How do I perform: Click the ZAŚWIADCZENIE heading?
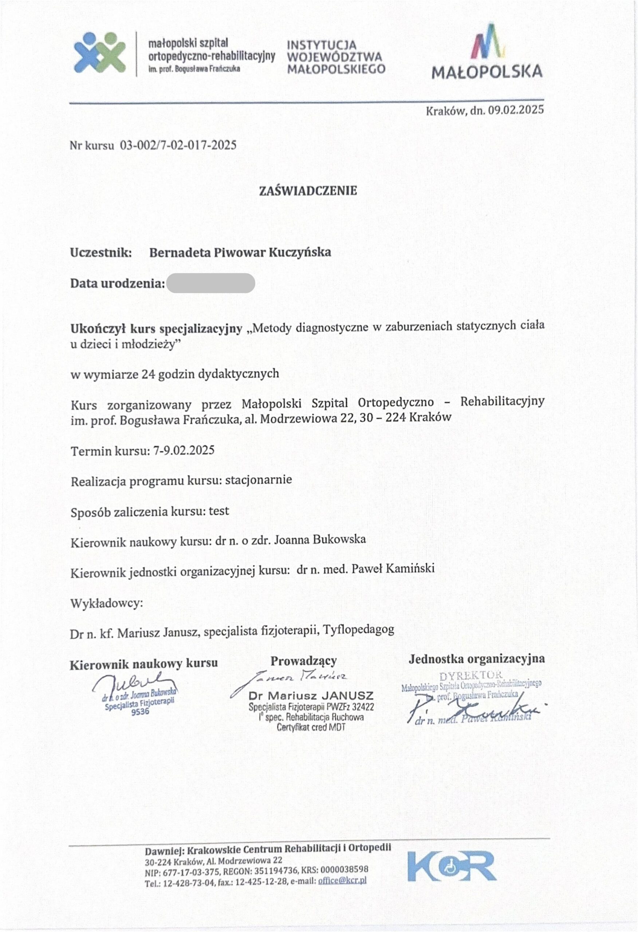(x=308, y=191)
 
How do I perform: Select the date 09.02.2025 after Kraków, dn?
(x=516, y=110)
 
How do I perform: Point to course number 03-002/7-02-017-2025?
(x=178, y=145)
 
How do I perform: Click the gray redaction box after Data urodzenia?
(x=210, y=283)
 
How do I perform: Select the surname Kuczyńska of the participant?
(x=300, y=252)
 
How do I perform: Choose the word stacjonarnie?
(x=259, y=480)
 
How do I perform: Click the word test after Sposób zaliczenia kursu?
(x=219, y=511)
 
